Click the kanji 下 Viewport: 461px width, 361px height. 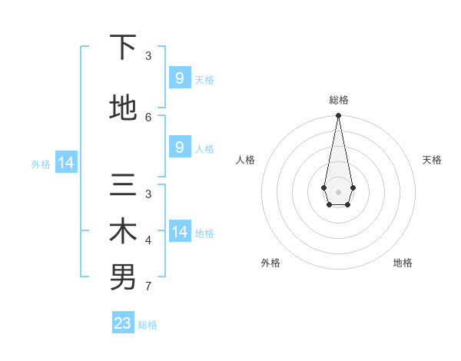point(123,48)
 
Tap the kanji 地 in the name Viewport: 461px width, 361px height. point(123,108)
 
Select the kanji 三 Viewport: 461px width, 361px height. point(123,186)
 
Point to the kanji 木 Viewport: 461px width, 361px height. point(123,232)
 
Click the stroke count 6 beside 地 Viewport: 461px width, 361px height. point(148,117)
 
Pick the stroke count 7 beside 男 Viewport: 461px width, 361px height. point(148,287)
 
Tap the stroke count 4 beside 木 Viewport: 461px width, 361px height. point(148,240)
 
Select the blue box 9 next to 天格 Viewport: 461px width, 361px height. point(179,78)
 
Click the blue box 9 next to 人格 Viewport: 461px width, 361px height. point(179,147)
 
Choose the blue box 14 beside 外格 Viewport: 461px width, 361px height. point(65,163)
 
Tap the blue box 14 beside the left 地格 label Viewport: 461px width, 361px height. point(179,231)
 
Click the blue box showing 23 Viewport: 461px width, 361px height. point(123,323)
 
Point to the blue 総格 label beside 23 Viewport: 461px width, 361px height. point(148,325)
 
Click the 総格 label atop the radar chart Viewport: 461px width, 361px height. point(338,100)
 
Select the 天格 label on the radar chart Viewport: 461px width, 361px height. point(432,160)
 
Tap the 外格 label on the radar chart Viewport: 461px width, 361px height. point(270,263)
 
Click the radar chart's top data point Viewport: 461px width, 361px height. point(338,116)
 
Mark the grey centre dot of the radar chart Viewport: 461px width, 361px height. point(338,191)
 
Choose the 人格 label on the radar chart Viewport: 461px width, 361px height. point(245,160)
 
